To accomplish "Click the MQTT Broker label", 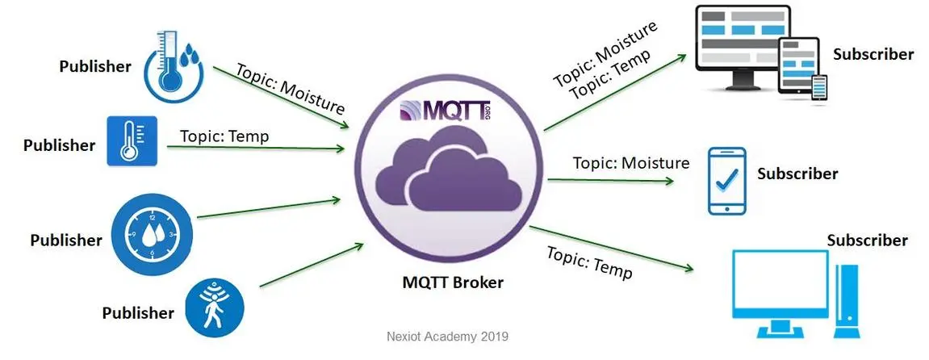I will tap(453, 283).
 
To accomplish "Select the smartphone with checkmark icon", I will tap(726, 180).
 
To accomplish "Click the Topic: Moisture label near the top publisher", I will tap(290, 88).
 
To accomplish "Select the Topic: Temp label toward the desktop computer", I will tap(589, 262).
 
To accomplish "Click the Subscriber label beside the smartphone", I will tap(797, 174).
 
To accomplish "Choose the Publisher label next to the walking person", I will tap(138, 312).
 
